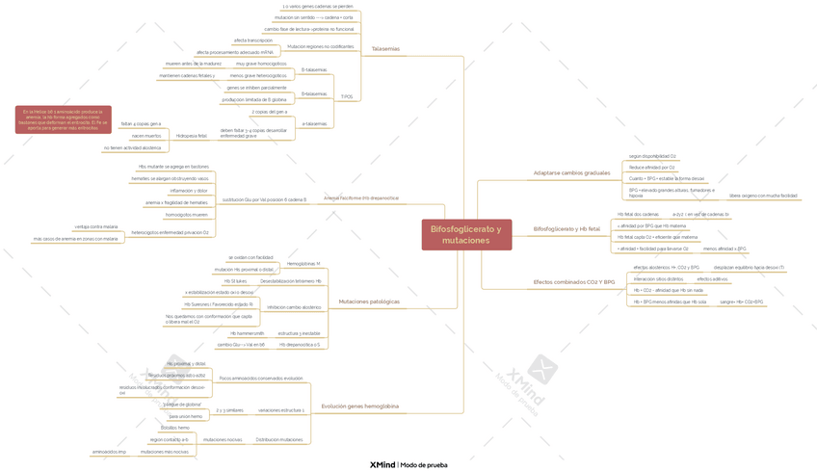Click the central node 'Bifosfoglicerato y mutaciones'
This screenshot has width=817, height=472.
tap(465, 234)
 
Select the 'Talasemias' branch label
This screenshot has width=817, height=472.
tap(385, 48)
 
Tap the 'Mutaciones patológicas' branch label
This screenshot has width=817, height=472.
tap(369, 302)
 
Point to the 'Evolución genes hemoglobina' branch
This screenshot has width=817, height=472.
tap(359, 406)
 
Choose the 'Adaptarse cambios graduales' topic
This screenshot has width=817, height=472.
tap(572, 172)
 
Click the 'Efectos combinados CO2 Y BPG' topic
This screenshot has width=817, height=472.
tap(573, 281)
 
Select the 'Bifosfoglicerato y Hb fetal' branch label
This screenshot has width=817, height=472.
tap(567, 229)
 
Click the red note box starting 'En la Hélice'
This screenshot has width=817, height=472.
tap(63, 119)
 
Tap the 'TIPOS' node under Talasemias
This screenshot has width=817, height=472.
tap(347, 96)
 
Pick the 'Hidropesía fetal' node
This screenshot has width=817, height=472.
tap(191, 136)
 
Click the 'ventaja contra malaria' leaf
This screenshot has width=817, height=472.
tap(96, 226)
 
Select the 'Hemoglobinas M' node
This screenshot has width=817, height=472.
tap(303, 263)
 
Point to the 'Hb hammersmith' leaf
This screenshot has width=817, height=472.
tap(247, 332)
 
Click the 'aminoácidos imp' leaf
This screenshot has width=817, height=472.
tap(109, 451)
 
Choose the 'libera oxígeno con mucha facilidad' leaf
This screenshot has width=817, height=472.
tap(762, 196)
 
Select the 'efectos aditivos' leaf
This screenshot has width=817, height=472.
tap(711, 278)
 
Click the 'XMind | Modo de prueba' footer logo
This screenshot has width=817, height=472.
tap(408, 464)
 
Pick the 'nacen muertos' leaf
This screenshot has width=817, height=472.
tap(146, 136)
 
